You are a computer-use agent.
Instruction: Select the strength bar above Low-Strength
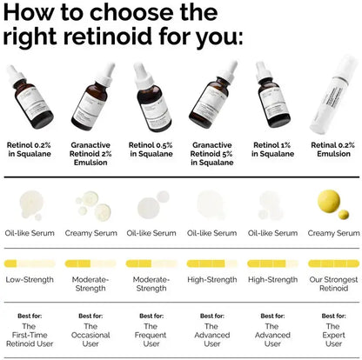(30, 263)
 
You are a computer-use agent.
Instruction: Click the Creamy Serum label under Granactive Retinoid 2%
(90, 233)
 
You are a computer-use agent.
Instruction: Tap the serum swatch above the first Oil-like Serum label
(30, 206)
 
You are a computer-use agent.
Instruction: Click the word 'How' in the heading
(37, 13)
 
